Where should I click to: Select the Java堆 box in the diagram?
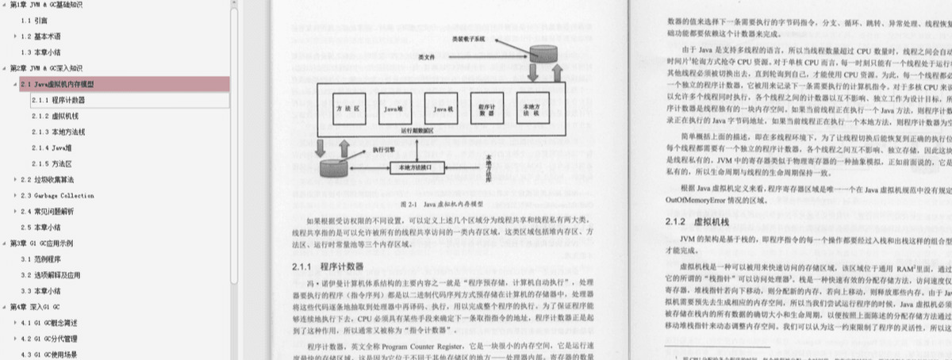pyautogui.click(x=393, y=108)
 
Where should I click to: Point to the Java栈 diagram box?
pyautogui.click(x=440, y=108)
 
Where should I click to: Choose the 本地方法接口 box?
pyautogui.click(x=421, y=167)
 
